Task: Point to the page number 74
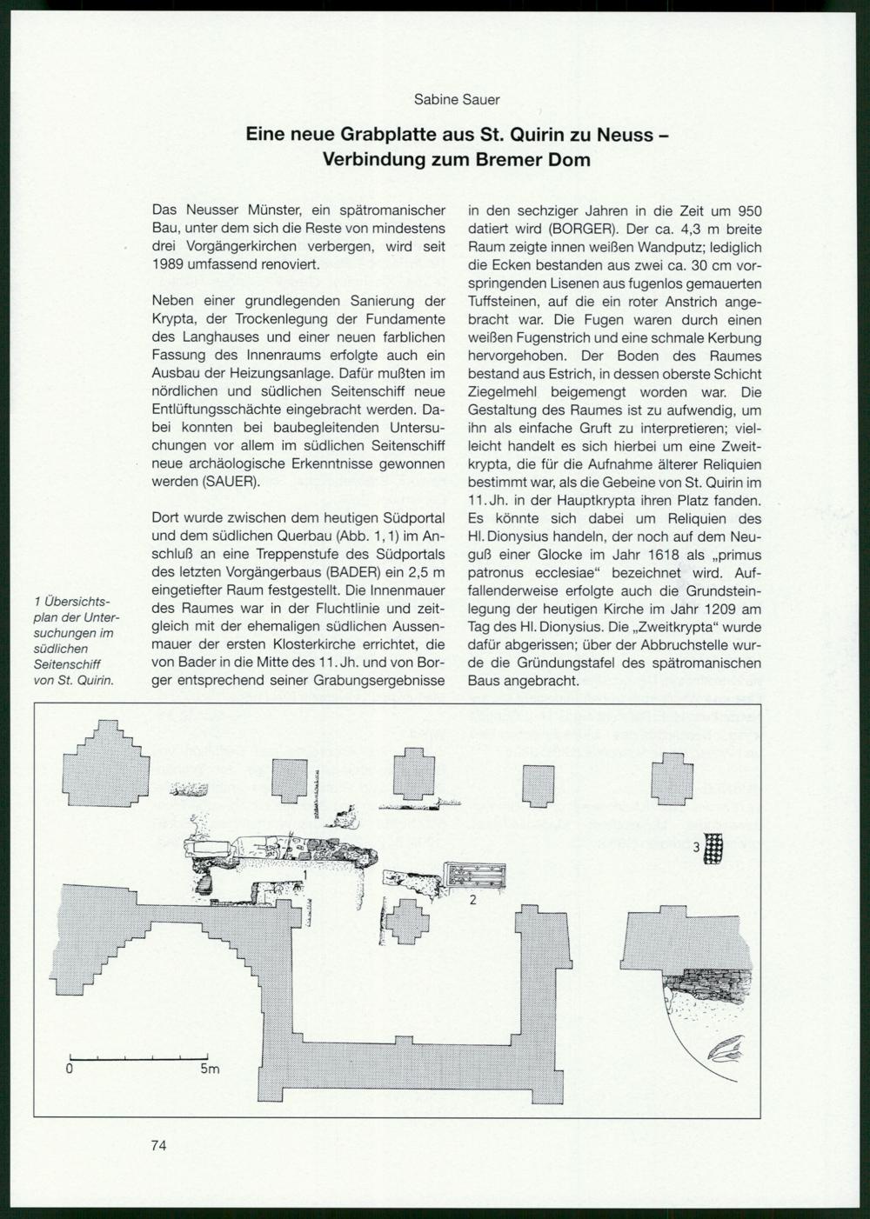click(x=158, y=1145)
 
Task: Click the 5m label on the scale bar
click(x=210, y=1069)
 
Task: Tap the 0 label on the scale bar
click(x=69, y=1069)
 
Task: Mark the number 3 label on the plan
click(x=696, y=846)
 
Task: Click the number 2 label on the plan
click(x=472, y=900)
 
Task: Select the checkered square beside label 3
click(x=714, y=848)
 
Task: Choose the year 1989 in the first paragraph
click(x=169, y=263)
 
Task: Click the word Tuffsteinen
click(x=506, y=302)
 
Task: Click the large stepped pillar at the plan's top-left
click(x=108, y=766)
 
